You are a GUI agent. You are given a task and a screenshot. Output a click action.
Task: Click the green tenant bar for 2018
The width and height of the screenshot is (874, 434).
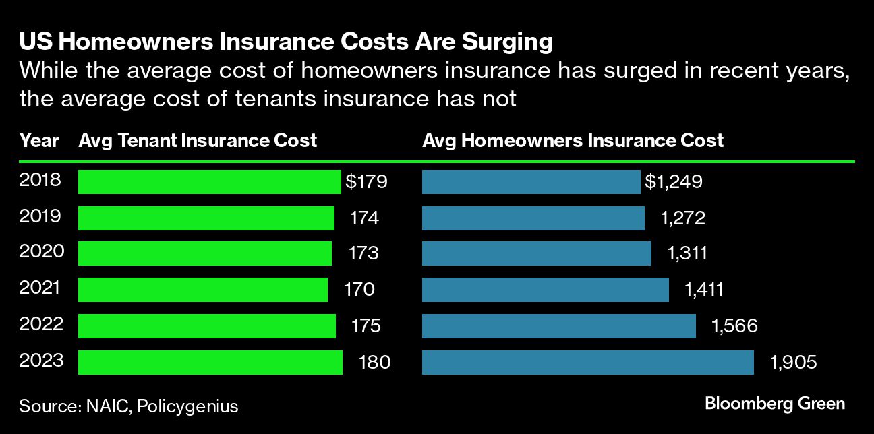tap(209, 182)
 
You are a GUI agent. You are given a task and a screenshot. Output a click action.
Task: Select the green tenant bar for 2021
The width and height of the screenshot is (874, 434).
tap(203, 290)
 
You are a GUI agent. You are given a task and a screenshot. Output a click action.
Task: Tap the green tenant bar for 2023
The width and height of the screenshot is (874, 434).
tap(210, 362)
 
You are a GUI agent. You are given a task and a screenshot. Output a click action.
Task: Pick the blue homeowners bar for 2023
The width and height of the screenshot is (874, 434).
tap(587, 362)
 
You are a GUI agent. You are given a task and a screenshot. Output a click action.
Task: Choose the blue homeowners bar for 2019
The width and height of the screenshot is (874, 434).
tap(533, 218)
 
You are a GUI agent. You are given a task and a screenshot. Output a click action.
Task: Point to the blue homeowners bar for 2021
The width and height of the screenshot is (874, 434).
tap(545, 290)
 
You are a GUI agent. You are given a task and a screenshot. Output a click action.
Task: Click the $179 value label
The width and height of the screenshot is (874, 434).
tap(366, 182)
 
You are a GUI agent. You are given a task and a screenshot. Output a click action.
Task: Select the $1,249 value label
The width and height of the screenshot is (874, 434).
tap(674, 182)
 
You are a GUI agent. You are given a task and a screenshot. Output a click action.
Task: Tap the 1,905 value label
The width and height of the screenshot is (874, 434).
tap(793, 363)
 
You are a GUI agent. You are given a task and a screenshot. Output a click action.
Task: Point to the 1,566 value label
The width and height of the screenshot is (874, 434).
tap(734, 326)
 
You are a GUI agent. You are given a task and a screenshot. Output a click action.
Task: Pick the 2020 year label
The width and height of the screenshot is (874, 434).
tap(42, 252)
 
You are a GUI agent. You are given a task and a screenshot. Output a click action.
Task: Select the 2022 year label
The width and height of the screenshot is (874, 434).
tap(42, 324)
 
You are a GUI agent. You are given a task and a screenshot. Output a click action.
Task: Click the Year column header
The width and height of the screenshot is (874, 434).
tap(39, 141)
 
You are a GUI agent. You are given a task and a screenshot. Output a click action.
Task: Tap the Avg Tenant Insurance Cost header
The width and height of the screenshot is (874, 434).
tap(198, 141)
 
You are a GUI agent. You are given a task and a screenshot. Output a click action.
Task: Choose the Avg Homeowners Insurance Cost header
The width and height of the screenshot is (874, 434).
tap(573, 141)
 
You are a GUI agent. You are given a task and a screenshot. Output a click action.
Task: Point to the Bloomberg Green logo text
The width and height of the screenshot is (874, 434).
tap(774, 404)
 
